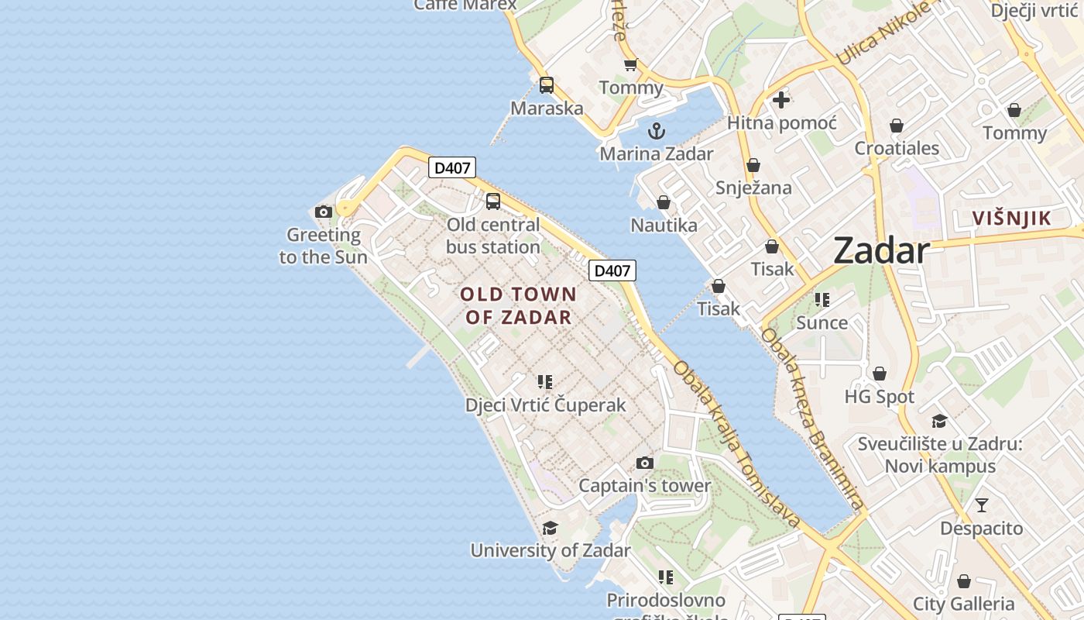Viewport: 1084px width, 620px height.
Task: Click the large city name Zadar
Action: pyautogui.click(x=881, y=251)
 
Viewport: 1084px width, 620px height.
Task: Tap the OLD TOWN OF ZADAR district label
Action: pyautogui.click(x=519, y=305)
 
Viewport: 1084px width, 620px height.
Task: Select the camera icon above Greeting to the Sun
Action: pyautogui.click(x=324, y=212)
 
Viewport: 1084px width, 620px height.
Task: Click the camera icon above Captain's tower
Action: pyautogui.click(x=644, y=463)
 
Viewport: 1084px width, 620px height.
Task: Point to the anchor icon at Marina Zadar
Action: pyautogui.click(x=657, y=130)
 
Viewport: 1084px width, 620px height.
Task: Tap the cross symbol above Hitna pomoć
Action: pyautogui.click(x=781, y=99)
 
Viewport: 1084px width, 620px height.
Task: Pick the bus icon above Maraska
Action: pyautogui.click(x=547, y=85)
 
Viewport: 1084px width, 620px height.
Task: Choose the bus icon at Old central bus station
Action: pyautogui.click(x=493, y=201)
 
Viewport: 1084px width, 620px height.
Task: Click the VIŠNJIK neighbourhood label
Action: pyautogui.click(x=1012, y=219)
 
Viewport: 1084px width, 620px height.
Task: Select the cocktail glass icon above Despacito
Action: pyautogui.click(x=982, y=505)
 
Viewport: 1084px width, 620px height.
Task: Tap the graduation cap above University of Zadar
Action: pyautogui.click(x=550, y=528)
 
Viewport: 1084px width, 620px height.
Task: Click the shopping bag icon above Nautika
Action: pyautogui.click(x=664, y=202)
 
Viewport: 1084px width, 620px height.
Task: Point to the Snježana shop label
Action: pyautogui.click(x=753, y=188)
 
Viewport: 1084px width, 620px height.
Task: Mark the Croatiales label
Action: pyautogui.click(x=897, y=148)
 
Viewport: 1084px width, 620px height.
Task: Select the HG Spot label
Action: pyautogui.click(x=879, y=397)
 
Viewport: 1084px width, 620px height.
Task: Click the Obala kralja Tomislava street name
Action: pyautogui.click(x=736, y=444)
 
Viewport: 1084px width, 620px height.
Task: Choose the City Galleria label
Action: pyautogui.click(x=963, y=604)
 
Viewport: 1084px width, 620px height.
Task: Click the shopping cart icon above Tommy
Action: pyautogui.click(x=630, y=65)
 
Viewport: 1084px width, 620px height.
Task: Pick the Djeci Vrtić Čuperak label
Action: pyautogui.click(x=545, y=405)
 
